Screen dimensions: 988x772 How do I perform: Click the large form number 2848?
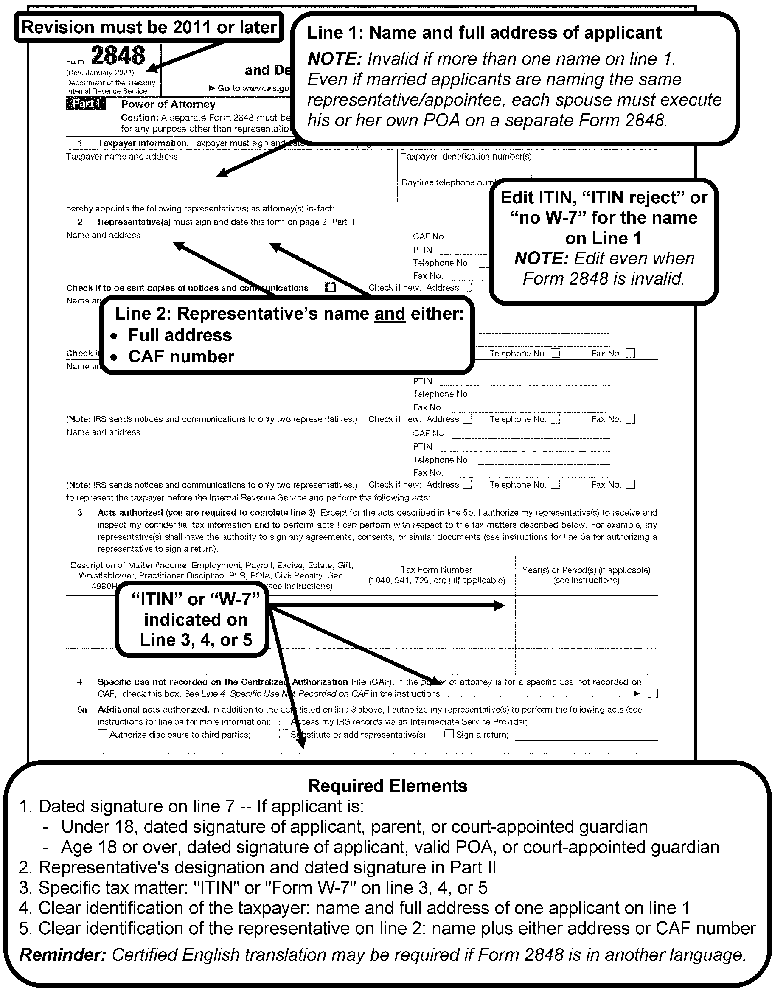[118, 56]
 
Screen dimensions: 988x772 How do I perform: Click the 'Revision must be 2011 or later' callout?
[149, 28]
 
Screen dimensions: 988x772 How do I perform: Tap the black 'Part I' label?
[86, 104]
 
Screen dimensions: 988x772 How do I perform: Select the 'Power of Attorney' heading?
[168, 104]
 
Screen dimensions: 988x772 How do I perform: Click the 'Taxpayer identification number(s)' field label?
[466, 157]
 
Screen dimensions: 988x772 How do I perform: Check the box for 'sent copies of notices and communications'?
[331, 287]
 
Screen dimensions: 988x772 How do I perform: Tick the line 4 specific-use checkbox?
[653, 693]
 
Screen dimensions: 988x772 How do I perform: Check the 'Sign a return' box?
[449, 734]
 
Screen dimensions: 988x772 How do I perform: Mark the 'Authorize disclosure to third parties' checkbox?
[102, 734]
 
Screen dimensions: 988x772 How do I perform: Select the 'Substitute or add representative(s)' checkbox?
[283, 734]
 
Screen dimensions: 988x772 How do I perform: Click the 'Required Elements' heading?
[387, 786]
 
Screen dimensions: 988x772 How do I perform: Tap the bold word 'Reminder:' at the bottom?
[63, 954]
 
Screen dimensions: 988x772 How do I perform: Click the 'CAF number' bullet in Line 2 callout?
[181, 356]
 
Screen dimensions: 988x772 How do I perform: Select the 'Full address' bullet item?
[180, 335]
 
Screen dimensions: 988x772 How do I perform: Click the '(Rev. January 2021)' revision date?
[100, 73]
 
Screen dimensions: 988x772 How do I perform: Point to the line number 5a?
[81, 709]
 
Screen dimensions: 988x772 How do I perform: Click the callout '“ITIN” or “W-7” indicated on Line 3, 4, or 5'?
[196, 619]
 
